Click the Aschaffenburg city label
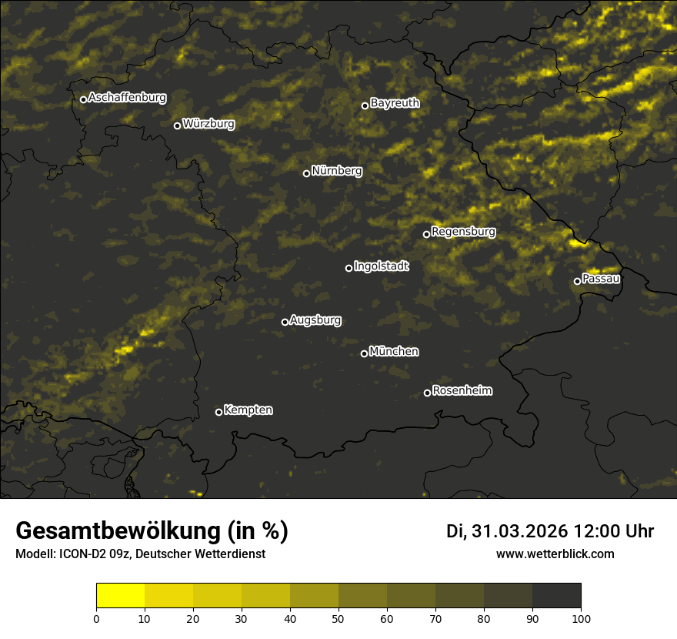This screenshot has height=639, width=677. [x=127, y=98]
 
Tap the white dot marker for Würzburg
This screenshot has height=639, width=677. [x=177, y=125]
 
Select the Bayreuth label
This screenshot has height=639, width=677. [x=395, y=103]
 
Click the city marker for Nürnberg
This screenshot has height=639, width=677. [x=306, y=173]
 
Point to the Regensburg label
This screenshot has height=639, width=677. [x=463, y=232]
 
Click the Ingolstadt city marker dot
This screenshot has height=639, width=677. [x=349, y=268]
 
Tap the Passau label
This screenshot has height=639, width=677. [x=601, y=279]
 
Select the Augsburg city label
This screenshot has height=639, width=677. [x=315, y=320]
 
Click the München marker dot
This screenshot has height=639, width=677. [x=364, y=353]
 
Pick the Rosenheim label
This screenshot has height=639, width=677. [x=462, y=391]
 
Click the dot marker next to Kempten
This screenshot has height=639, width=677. [x=218, y=412]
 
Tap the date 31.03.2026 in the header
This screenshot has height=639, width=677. [x=518, y=531]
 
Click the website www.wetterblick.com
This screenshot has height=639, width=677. [x=555, y=554]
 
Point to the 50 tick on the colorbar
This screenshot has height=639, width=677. [x=338, y=618]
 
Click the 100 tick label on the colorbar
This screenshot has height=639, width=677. [x=581, y=618]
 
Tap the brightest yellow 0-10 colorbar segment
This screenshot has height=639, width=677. [x=120, y=596]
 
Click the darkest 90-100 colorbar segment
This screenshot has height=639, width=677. [x=556, y=596]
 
